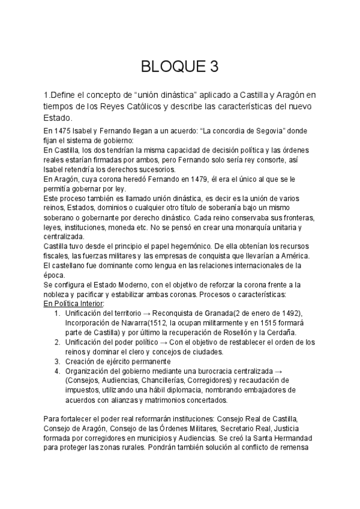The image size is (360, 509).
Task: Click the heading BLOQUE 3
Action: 179,66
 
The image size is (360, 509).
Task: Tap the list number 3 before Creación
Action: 56,362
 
